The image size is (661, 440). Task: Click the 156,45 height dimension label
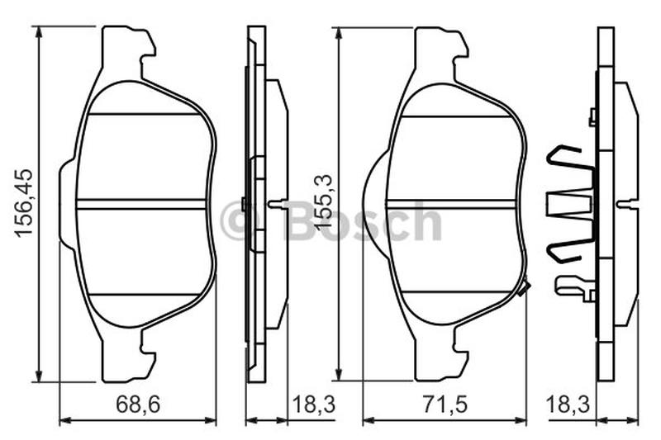coord(24,203)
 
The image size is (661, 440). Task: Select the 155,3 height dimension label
coord(324,202)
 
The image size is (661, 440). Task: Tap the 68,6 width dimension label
coord(138,405)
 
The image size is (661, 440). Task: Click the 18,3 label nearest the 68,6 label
coord(314,405)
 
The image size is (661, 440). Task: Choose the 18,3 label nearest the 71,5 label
coord(568,405)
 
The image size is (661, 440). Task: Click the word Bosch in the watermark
coord(364,221)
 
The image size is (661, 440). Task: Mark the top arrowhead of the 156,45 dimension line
coord(39,32)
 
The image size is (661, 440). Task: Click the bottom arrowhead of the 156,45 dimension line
coord(39,376)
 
